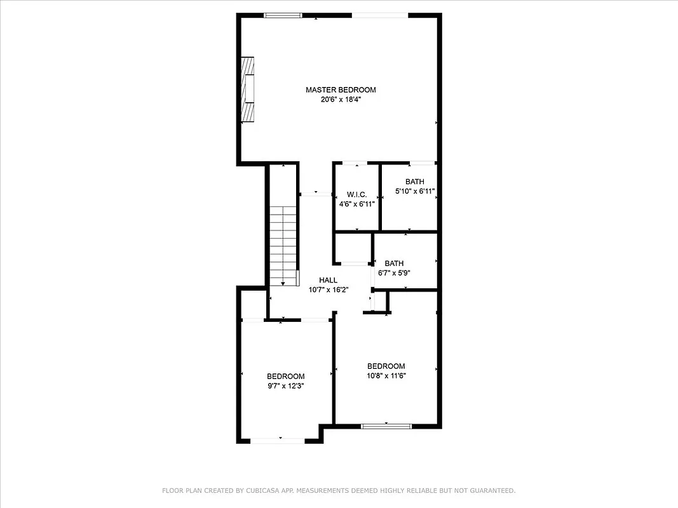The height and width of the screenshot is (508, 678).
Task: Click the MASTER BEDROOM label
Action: (x=341, y=90)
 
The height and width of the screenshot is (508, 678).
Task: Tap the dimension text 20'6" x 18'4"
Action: (x=341, y=100)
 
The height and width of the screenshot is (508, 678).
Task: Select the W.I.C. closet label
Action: (x=356, y=194)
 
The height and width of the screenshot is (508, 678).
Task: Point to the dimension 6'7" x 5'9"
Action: (x=394, y=273)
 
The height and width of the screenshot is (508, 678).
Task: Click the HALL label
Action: (x=328, y=280)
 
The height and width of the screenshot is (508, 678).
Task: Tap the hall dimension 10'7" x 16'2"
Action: (x=328, y=290)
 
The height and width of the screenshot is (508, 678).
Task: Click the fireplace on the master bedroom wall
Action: (x=248, y=89)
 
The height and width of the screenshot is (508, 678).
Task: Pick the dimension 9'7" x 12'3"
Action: (x=285, y=385)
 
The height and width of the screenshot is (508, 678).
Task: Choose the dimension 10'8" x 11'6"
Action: (x=386, y=376)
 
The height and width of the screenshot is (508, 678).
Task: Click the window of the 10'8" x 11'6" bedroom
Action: (x=386, y=426)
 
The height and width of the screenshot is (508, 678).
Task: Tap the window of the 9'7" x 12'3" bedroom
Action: (x=281, y=440)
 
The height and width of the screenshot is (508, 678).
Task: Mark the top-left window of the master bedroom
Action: (x=283, y=15)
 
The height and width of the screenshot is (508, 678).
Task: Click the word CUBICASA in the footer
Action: (x=265, y=491)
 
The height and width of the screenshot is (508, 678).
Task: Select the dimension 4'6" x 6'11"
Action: (x=356, y=204)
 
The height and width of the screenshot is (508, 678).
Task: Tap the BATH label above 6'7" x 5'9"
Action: (x=394, y=264)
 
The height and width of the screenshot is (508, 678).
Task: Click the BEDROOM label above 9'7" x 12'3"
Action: (x=285, y=376)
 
